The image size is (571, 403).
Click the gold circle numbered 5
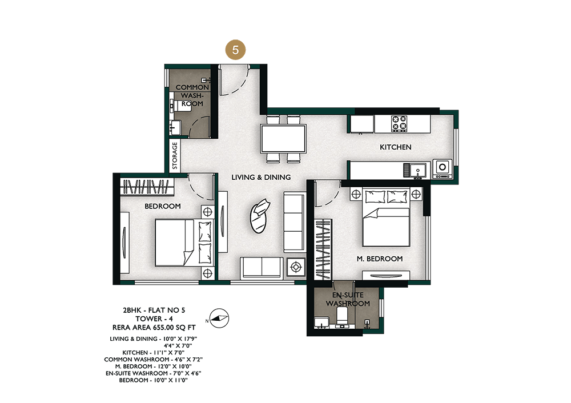point(235,50)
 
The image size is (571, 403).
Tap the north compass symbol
point(219,318)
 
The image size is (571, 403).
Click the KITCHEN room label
point(396,147)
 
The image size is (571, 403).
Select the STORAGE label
point(175,155)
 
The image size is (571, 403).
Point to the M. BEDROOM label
point(380,259)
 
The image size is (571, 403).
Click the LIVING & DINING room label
point(261,178)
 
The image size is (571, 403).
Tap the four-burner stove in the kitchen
point(399,123)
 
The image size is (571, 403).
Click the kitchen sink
point(417,170)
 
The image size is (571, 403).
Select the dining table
point(283,138)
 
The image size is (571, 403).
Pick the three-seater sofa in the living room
point(294,222)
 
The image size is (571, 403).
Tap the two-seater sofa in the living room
point(262,268)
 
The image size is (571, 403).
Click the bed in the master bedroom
point(386,217)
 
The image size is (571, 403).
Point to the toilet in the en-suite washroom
point(342,316)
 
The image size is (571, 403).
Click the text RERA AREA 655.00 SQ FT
point(154,327)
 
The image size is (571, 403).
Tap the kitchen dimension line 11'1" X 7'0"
point(153,352)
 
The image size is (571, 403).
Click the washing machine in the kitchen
point(443,168)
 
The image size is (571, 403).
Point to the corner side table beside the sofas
point(296,268)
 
